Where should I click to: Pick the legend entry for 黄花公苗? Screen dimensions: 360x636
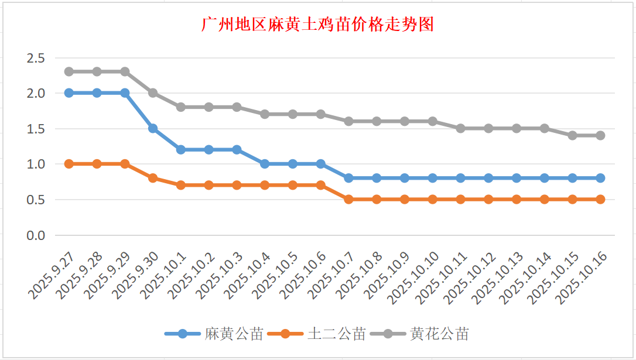point(439,334)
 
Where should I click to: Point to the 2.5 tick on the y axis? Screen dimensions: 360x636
point(35,58)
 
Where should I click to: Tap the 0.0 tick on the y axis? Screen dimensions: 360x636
point(35,235)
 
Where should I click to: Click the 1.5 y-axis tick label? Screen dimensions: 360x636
point(35,129)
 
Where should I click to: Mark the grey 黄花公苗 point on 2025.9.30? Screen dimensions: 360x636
point(153,93)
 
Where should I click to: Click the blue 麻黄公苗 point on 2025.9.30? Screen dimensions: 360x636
point(153,128)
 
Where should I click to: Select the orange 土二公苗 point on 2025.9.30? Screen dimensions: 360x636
point(153,178)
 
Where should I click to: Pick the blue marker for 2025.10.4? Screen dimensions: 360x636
point(265,164)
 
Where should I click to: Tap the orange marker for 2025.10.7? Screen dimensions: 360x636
point(348,200)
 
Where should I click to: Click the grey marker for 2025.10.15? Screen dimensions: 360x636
point(572,135)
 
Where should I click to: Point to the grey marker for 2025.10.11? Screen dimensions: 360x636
point(460,128)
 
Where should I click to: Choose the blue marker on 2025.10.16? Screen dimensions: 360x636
point(600,178)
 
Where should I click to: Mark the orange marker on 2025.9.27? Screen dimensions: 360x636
point(69,164)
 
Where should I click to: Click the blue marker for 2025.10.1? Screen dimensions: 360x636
point(181,150)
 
